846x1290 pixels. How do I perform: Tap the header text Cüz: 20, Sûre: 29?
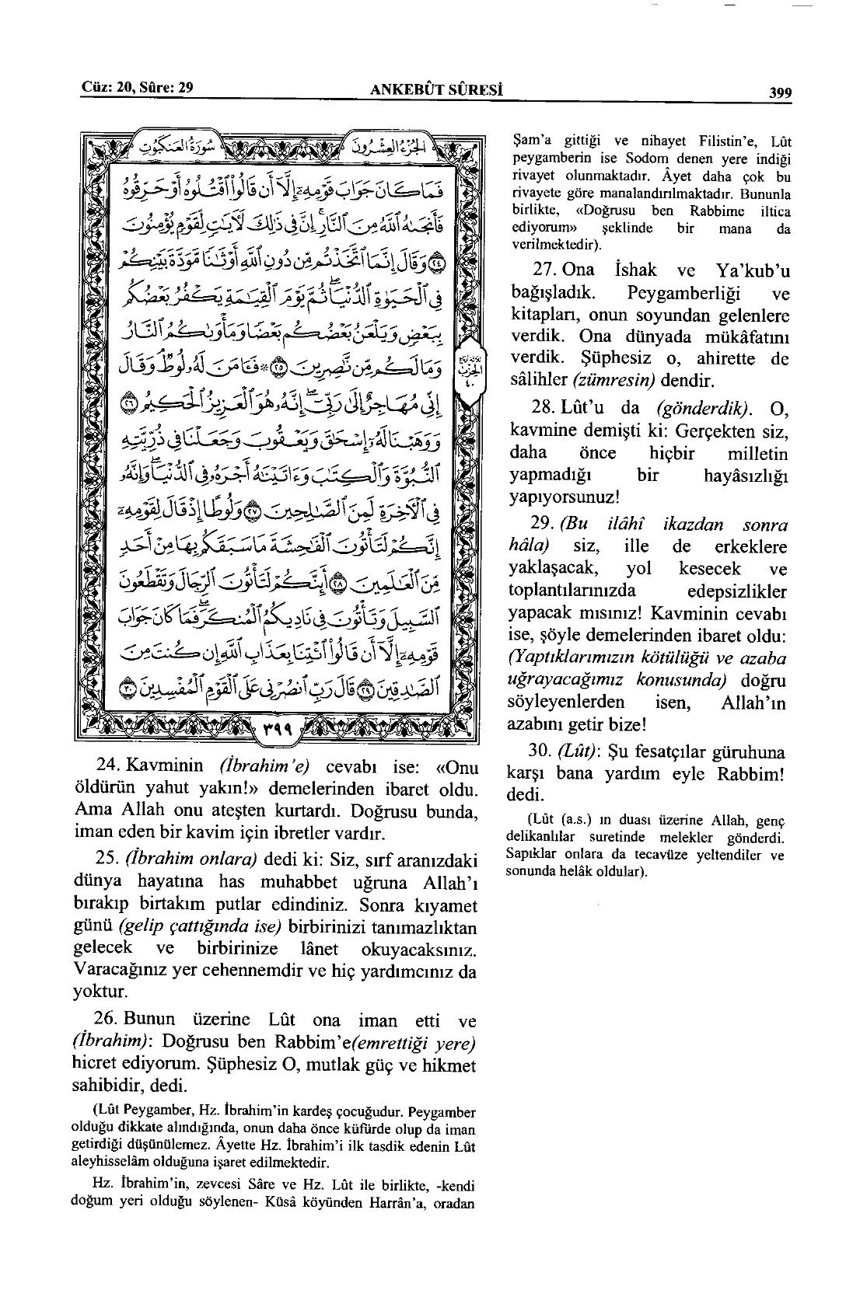click(138, 87)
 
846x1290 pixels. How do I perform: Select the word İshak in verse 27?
click(635, 270)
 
